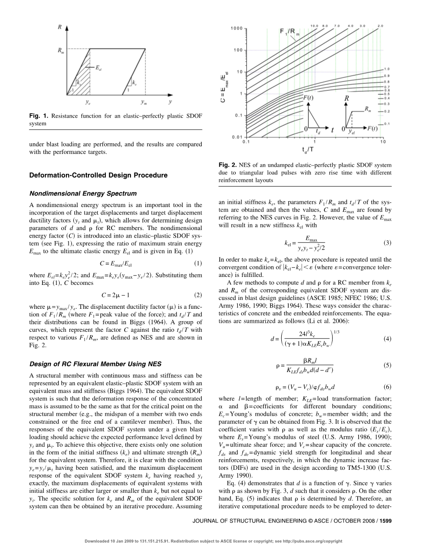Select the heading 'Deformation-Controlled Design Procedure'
pyautogui.click(x=98, y=175)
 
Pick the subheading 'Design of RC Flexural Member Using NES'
pyautogui.click(x=89, y=364)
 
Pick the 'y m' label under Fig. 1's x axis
pyautogui.click(x=144, y=102)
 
